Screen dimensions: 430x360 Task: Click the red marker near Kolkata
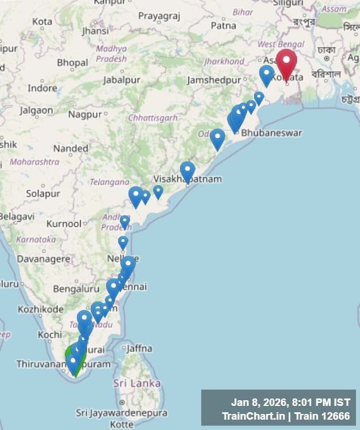[286, 64]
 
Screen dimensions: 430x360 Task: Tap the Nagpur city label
[84, 114]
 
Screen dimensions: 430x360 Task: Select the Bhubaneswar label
[271, 132]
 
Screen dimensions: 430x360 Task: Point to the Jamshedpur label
[214, 80]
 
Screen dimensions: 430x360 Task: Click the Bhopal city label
[72, 62]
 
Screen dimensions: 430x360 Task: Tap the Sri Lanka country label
[137, 382]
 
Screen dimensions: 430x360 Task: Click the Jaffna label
[139, 348]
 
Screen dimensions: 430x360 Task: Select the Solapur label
[43, 194]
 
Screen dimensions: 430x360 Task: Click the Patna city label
[223, 25]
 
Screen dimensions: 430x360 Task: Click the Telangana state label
[109, 182]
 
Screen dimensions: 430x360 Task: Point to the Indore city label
[42, 88]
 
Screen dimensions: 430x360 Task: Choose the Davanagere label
[44, 259]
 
